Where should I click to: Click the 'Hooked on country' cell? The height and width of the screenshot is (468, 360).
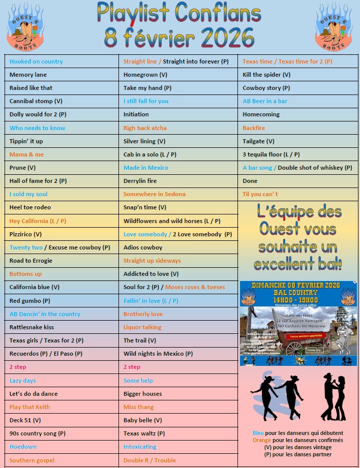click(x=36, y=61)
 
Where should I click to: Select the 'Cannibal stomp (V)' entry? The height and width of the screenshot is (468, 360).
click(x=36, y=101)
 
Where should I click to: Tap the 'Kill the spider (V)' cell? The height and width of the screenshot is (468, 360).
click(x=266, y=75)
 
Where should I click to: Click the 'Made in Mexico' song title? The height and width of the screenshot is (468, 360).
click(x=146, y=168)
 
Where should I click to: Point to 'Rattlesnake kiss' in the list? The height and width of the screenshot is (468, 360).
click(x=32, y=327)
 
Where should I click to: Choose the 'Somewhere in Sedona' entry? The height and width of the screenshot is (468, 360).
click(x=155, y=194)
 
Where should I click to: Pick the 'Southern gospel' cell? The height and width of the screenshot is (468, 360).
click(x=32, y=460)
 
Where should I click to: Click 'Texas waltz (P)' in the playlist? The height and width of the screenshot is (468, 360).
click(x=144, y=433)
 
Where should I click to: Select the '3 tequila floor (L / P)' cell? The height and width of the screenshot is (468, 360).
click(x=271, y=154)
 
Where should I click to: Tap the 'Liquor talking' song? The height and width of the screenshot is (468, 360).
click(x=142, y=327)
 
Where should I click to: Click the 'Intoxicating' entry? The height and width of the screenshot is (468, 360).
click(x=140, y=447)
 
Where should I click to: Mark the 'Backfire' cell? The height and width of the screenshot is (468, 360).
click(x=254, y=128)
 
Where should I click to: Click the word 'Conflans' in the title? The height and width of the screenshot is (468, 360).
click(x=218, y=13)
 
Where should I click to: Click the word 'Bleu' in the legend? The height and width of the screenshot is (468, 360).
click(x=258, y=433)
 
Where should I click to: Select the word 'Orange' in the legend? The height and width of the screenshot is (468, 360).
click(x=262, y=440)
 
